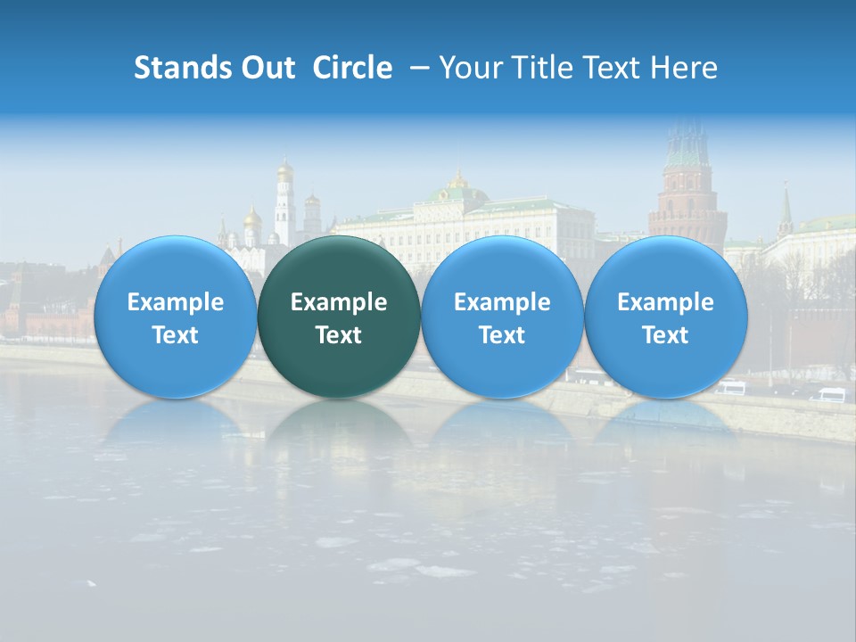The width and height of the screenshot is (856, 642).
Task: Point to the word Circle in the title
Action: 352,68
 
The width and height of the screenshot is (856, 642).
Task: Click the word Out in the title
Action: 267,68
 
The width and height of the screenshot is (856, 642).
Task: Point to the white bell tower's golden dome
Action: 284,169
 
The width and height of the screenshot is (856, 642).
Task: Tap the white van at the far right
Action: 831,394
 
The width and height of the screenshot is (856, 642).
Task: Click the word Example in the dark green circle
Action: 339,302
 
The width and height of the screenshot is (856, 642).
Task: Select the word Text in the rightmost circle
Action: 665,335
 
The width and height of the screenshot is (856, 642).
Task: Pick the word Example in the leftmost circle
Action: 175,302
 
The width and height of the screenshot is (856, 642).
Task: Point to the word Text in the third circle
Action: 502,335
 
